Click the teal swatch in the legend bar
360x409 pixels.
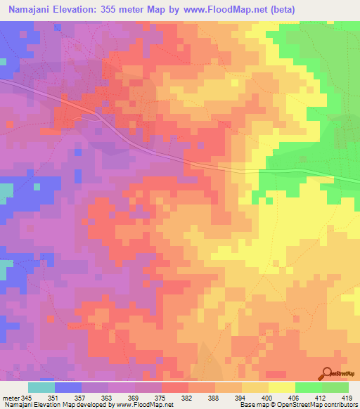click(41, 387)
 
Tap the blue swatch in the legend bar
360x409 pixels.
click(68, 387)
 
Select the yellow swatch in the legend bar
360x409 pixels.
click(281, 387)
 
